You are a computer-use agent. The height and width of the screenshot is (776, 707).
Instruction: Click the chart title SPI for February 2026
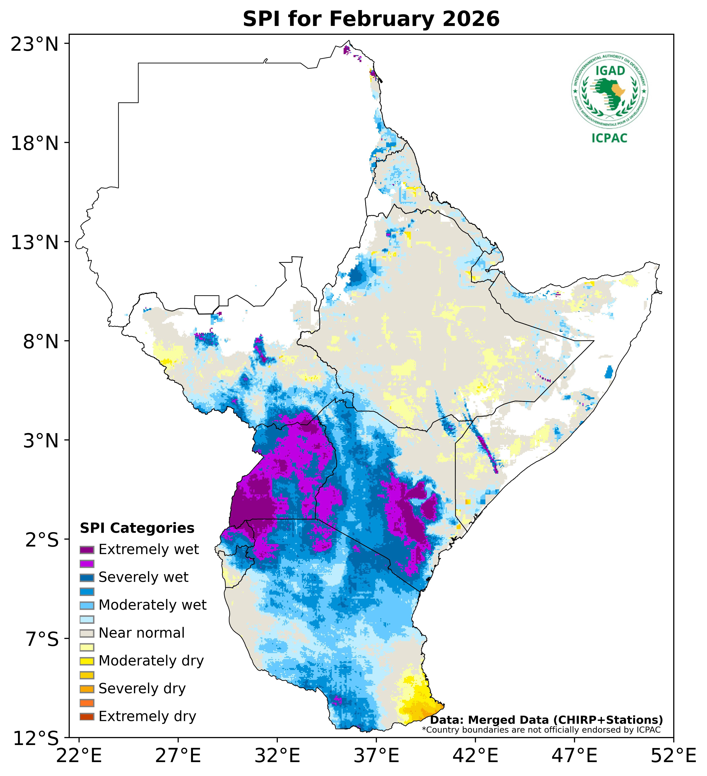[x=371, y=19]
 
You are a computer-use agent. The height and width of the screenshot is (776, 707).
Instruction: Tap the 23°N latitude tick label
[x=35, y=44]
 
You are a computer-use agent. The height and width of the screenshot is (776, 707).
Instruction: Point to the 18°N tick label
[x=35, y=144]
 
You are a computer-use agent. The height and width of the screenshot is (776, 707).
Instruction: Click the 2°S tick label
[x=42, y=540]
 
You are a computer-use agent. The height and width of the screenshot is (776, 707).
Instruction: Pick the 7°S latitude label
[x=42, y=639]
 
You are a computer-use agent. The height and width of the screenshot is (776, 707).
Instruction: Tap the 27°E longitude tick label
[x=178, y=756]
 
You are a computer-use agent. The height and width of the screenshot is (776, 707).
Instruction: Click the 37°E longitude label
[x=376, y=756]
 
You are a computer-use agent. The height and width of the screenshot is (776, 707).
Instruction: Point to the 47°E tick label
[x=574, y=756]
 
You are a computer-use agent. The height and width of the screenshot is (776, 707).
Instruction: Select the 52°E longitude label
[x=673, y=756]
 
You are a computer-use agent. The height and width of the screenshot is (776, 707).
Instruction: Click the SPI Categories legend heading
[x=137, y=528]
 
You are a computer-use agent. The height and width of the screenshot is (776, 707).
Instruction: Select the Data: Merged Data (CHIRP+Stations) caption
[x=546, y=720]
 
